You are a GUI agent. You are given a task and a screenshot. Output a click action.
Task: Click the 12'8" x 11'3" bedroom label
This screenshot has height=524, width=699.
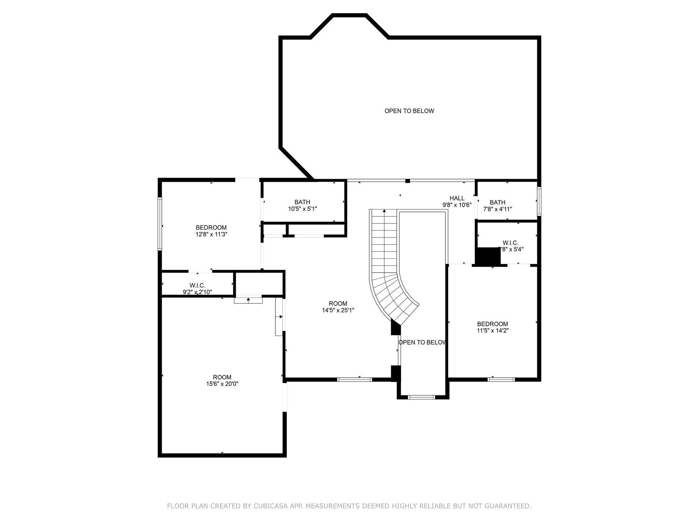(x=211, y=231)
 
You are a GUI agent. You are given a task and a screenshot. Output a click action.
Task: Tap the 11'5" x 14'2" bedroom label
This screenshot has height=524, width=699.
(x=493, y=327)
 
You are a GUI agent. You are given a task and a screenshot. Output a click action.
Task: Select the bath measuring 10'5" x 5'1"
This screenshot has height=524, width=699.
(x=302, y=205)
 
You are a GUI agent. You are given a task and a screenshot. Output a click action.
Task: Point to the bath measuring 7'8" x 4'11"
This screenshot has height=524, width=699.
(x=497, y=206)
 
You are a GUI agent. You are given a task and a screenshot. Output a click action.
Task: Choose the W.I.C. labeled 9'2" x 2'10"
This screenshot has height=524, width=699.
(x=197, y=289)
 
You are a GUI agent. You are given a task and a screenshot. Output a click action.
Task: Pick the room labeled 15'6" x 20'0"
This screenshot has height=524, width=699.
(x=222, y=380)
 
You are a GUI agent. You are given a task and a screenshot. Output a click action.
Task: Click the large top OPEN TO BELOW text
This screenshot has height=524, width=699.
(x=409, y=111)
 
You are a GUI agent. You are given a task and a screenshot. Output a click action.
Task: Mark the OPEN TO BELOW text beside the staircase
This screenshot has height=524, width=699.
(x=422, y=343)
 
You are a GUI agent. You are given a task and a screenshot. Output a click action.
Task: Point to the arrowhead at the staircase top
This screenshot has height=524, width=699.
(x=384, y=211)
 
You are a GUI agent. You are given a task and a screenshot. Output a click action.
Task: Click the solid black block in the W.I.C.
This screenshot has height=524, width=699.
(x=488, y=256)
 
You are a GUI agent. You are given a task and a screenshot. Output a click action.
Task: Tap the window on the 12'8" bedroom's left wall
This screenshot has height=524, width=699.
(x=159, y=224)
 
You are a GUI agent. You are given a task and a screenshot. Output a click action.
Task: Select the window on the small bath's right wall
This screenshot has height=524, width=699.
(x=539, y=201)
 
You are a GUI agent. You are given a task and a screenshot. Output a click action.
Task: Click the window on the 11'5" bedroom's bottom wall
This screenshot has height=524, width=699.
(x=501, y=379)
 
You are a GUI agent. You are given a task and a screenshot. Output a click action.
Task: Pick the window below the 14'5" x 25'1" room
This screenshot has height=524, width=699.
(x=355, y=379)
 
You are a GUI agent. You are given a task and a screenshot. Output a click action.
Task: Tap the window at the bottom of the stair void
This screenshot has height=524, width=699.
(x=422, y=397)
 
